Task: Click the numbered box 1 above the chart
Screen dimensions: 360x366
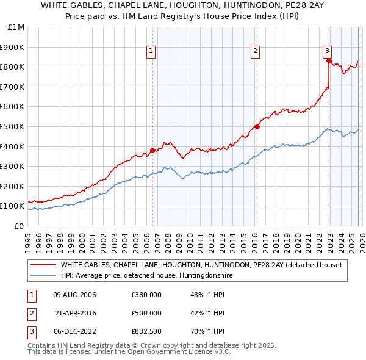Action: [x=151, y=51]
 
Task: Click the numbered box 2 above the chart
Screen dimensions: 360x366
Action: [x=254, y=51]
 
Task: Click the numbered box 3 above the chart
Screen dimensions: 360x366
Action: [x=328, y=51]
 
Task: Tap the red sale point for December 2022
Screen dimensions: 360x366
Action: [x=329, y=60]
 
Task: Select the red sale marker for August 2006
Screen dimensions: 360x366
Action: [x=152, y=150]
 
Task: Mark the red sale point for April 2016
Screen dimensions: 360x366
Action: [x=257, y=126]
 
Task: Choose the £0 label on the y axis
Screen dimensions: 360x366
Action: [x=20, y=226]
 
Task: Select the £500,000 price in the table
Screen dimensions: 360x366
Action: [x=146, y=313]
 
